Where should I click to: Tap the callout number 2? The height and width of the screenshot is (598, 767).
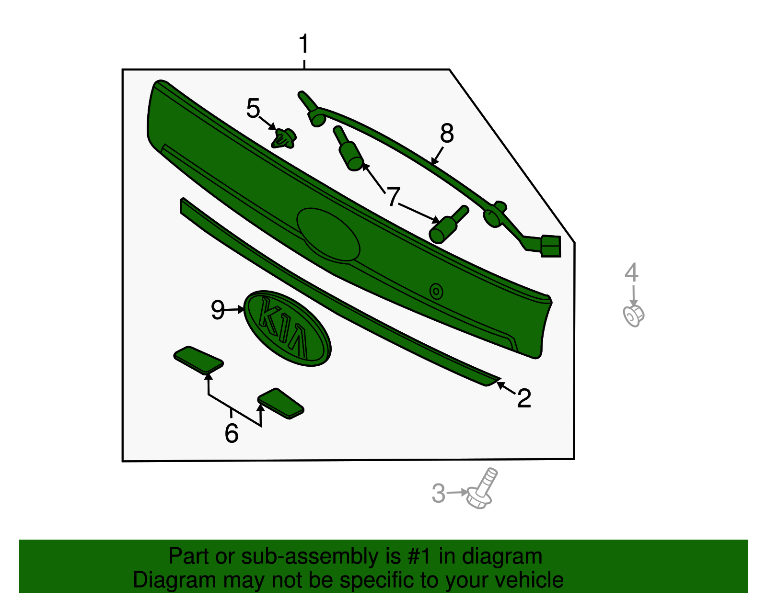pyautogui.click(x=524, y=398)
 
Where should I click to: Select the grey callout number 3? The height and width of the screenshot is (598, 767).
pyautogui.click(x=439, y=493)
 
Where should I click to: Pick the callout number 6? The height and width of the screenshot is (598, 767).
pyautogui.click(x=232, y=433)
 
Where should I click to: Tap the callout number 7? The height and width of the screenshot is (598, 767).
pyautogui.click(x=393, y=196)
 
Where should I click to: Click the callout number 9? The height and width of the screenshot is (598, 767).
pyautogui.click(x=218, y=310)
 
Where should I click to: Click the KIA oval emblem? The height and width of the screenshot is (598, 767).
pyautogui.click(x=287, y=328)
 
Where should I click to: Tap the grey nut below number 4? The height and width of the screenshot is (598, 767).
pyautogui.click(x=634, y=316)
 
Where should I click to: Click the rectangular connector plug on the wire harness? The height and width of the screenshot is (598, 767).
pyautogui.click(x=550, y=246)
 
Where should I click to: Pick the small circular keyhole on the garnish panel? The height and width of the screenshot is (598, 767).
pyautogui.click(x=436, y=292)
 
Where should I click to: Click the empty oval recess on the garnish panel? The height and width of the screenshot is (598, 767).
pyautogui.click(x=328, y=234)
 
